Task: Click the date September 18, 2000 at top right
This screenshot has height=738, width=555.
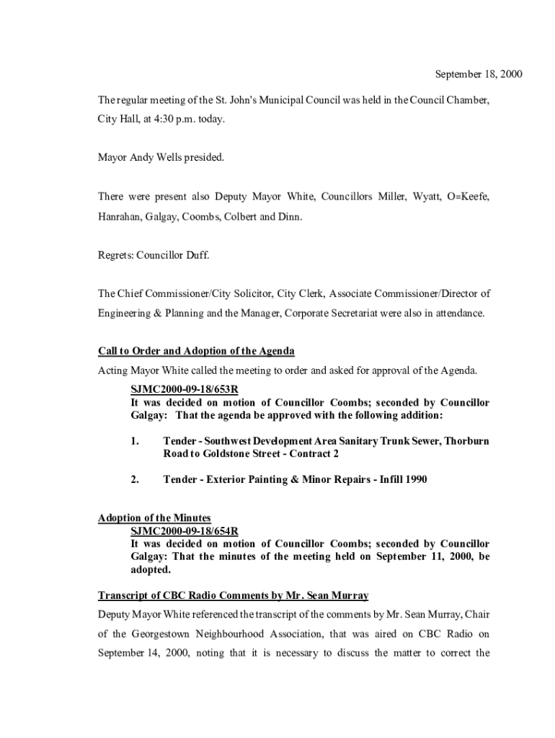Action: click(478, 74)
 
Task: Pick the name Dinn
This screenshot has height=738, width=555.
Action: click(289, 216)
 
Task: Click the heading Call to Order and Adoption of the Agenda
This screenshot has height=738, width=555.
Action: click(196, 351)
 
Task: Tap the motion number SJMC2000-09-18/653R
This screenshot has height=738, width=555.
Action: click(184, 390)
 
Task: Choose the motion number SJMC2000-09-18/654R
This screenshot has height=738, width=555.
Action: click(184, 531)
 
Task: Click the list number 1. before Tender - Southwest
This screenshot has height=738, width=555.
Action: click(135, 440)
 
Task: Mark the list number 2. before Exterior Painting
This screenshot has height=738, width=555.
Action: click(135, 479)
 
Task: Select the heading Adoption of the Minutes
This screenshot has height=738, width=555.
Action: click(154, 518)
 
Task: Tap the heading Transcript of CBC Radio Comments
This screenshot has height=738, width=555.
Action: click(233, 595)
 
